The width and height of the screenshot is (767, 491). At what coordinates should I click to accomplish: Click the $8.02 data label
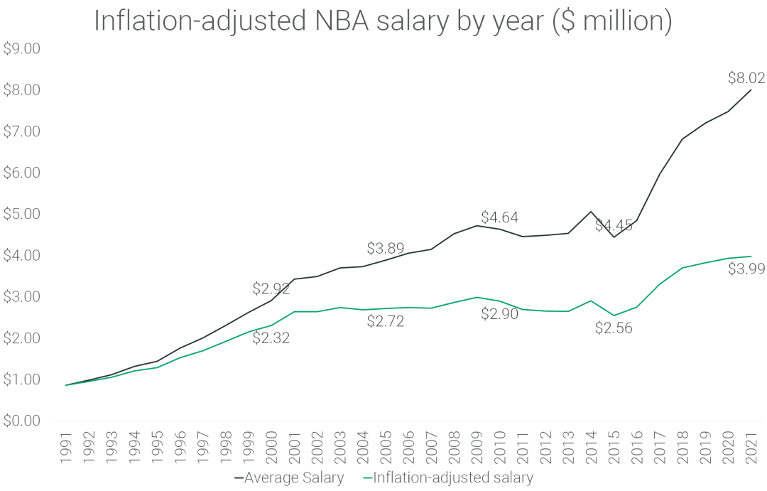[746, 78]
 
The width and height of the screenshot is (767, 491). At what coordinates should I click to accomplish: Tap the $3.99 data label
[746, 269]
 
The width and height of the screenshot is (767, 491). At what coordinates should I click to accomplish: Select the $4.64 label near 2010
[499, 217]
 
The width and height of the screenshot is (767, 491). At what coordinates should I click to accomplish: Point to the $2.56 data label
[614, 328]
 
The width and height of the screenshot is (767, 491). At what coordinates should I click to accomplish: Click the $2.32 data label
[271, 338]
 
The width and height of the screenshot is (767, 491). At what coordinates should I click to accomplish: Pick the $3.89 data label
[386, 249]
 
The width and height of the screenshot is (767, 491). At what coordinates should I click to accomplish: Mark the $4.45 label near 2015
[614, 226]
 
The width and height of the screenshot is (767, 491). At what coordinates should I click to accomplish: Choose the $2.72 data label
[386, 321]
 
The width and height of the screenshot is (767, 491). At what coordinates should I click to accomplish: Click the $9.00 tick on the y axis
[21, 49]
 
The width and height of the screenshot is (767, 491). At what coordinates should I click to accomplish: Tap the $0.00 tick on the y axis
[21, 421]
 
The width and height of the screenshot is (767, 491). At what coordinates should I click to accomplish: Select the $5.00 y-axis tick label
[21, 214]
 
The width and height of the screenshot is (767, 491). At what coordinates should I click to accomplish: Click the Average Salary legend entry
[290, 477]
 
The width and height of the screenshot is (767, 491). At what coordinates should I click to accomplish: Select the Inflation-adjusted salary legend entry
[447, 477]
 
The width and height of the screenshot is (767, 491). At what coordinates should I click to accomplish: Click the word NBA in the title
[344, 21]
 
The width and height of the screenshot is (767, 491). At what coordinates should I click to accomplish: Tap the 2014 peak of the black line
[591, 211]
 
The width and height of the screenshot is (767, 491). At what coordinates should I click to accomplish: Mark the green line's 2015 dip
[614, 315]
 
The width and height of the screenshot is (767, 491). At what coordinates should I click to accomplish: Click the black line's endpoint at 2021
[751, 90]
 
